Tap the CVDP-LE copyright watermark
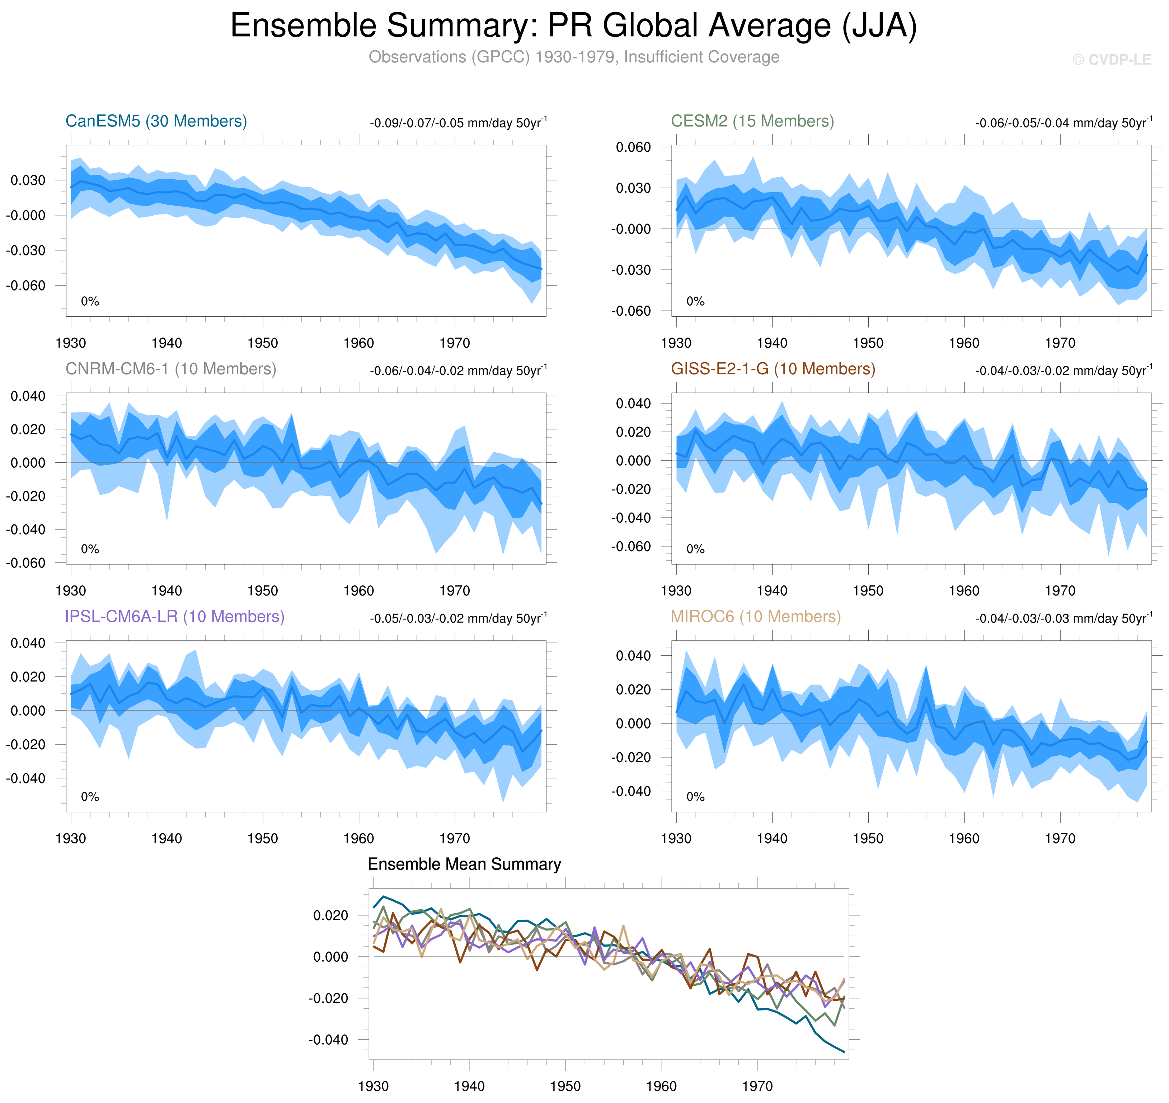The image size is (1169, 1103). coord(1111,60)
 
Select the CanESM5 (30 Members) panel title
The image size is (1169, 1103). coord(156,121)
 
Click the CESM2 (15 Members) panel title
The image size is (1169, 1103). coord(752,121)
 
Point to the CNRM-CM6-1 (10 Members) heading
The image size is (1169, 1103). coord(170,369)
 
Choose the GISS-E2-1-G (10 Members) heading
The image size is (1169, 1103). coord(773,369)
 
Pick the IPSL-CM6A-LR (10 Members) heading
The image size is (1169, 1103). coord(175,616)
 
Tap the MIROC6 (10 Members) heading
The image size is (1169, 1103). coord(756,616)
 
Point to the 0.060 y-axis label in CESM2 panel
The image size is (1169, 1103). coord(633,147)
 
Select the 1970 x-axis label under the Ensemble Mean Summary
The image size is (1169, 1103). coord(757,1086)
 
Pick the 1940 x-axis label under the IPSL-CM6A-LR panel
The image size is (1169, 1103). coord(166,838)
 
